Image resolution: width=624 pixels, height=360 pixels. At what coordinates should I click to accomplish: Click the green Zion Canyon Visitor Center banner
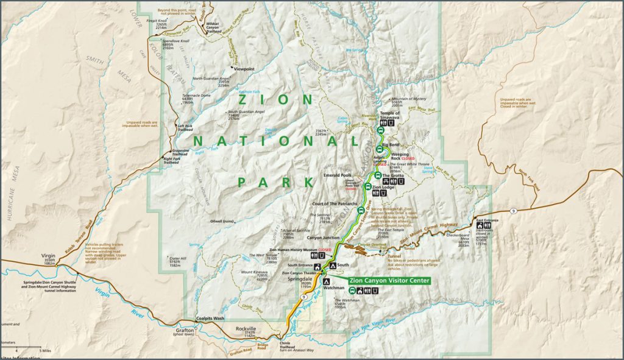point(389,281)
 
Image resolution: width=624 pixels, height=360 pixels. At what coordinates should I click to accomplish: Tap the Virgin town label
point(48,256)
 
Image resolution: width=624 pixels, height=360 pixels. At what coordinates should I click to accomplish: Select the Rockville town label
point(246,329)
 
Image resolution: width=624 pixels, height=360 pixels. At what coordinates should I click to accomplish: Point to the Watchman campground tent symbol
point(325,283)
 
